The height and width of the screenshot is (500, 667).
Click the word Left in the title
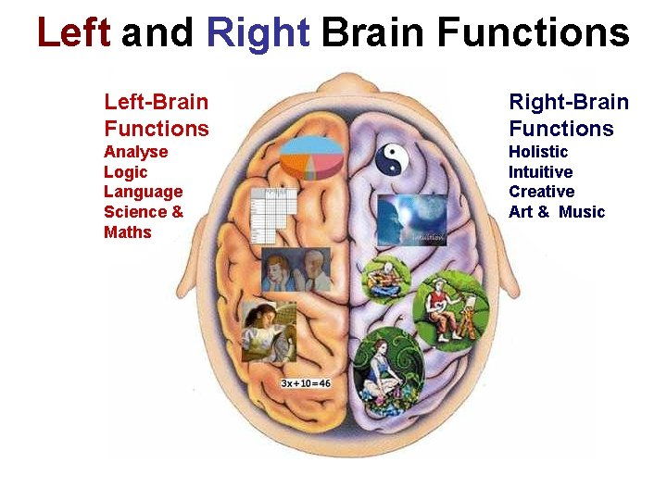pos(73,33)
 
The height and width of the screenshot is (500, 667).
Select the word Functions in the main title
pos(534,33)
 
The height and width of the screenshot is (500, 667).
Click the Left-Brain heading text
pos(156,102)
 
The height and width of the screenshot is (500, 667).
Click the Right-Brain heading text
pos(568,102)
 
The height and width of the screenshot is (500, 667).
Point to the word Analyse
pos(135,152)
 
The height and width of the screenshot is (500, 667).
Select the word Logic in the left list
pos(125,172)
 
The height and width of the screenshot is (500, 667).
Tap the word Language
pos(143,192)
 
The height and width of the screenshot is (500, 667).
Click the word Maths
pos(127,232)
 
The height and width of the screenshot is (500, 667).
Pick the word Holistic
pos(538,152)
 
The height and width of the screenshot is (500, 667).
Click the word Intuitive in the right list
pos(540,172)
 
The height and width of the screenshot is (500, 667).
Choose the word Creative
pos(541,192)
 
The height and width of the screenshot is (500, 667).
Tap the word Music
pos(582,212)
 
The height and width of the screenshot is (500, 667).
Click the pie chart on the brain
pos(310,157)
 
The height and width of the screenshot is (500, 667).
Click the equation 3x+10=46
pos(305,382)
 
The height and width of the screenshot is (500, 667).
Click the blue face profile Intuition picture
pos(411,220)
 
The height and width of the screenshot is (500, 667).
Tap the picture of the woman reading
pos(269,331)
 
